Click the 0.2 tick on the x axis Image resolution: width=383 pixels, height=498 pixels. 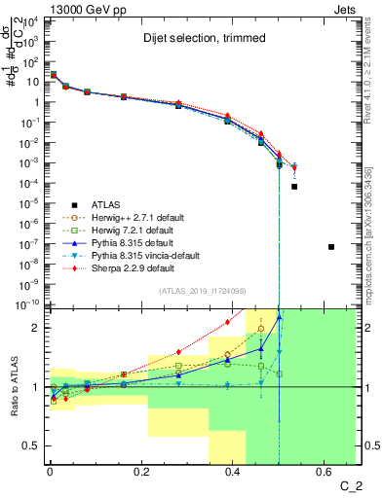(x=141, y=474)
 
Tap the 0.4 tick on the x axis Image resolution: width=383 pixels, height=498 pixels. (x=233, y=474)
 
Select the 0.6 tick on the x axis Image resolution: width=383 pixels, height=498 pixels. (x=325, y=474)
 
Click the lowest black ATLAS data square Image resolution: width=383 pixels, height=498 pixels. (x=331, y=247)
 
